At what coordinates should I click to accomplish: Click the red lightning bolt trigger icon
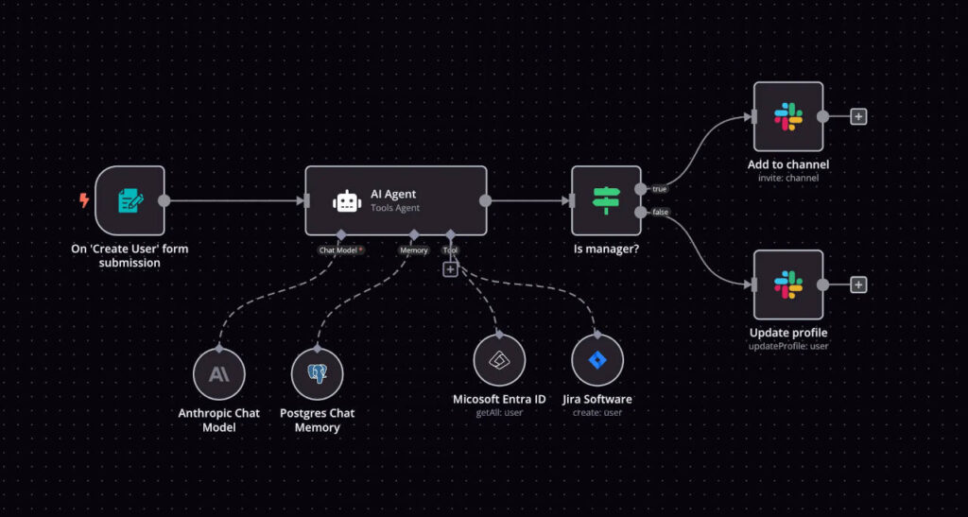click(84, 200)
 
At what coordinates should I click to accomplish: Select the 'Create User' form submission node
click(130, 200)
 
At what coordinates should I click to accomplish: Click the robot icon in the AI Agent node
click(347, 201)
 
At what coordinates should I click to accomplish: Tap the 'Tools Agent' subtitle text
click(395, 208)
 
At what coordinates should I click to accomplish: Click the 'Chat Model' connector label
click(340, 250)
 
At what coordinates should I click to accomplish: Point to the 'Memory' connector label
click(414, 250)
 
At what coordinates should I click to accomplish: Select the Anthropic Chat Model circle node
click(218, 374)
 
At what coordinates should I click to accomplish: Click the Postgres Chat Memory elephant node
click(317, 374)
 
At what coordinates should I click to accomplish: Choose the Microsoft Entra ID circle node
click(499, 361)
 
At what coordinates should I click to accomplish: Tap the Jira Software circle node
click(597, 361)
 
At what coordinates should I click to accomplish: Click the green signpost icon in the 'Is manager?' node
click(606, 200)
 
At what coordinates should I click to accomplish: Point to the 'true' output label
click(659, 189)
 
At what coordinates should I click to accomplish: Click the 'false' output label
click(660, 212)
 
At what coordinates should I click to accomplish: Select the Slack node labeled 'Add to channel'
click(788, 116)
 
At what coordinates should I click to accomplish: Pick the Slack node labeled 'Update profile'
click(788, 284)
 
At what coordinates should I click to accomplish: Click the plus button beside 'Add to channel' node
click(858, 116)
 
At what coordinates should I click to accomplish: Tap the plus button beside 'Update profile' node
click(858, 284)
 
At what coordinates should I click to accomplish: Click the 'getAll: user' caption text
click(499, 412)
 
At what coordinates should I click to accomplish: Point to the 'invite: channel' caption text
click(788, 178)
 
